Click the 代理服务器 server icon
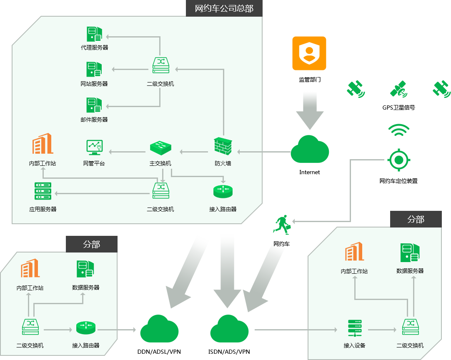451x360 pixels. (x=94, y=34)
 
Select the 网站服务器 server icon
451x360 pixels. (x=94, y=70)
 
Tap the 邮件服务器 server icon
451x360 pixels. (x=94, y=105)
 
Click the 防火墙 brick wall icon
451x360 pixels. (x=223, y=146)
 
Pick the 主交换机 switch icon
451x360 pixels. (x=160, y=147)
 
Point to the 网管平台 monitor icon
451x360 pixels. (x=94, y=147)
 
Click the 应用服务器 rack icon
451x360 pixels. (x=43, y=191)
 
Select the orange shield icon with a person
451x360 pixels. (x=309, y=53)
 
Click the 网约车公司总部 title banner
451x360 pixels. (x=224, y=8)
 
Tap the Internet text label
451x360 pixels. (x=310, y=172)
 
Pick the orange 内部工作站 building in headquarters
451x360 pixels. (x=43, y=144)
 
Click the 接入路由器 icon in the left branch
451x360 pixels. (x=86, y=327)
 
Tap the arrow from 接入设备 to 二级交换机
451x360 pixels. (x=382, y=330)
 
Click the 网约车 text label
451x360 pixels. (x=281, y=244)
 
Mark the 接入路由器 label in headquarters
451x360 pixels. (x=223, y=209)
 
